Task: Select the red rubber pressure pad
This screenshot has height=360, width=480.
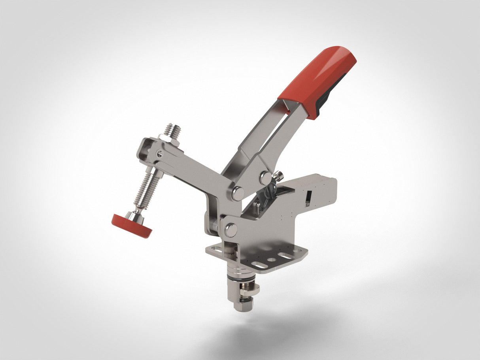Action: coord(131,226)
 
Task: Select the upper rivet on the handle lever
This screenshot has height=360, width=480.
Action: coord(265,178)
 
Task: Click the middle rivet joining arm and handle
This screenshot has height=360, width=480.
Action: coord(237,193)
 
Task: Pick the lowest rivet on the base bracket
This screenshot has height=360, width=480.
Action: coord(230,230)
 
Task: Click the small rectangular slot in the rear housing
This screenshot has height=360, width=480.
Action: coord(309,196)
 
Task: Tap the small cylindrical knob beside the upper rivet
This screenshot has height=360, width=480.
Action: coord(278,175)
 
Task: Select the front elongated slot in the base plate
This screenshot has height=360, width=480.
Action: coord(259,265)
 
